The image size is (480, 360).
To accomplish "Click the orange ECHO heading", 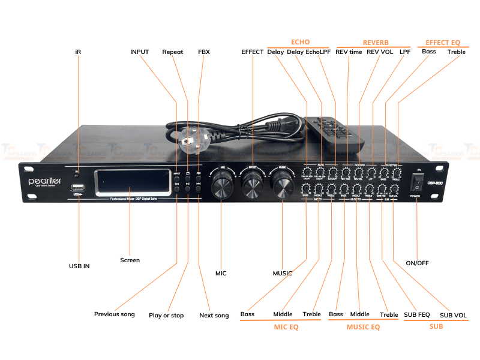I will [x=300, y=42].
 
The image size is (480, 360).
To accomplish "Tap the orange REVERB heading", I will [x=376, y=43].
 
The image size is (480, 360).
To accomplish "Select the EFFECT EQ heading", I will [x=443, y=43].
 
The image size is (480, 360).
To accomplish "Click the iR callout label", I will [x=78, y=52].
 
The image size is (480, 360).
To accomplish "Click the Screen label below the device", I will [x=130, y=260].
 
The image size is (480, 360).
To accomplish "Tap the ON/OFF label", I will [x=418, y=263].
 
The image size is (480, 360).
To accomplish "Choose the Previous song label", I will [x=114, y=314].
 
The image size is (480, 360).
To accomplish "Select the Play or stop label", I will [x=166, y=316].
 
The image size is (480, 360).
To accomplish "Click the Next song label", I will [x=214, y=316].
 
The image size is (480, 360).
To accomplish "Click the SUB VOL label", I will [x=452, y=315].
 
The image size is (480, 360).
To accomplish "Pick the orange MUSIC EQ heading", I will [x=363, y=328].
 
